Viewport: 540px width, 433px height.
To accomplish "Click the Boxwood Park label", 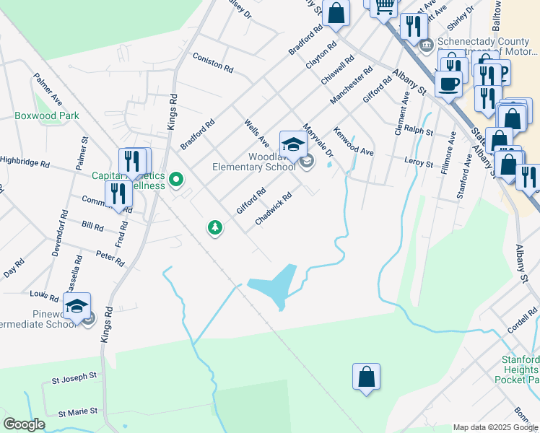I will pyautogui.click(x=47, y=115).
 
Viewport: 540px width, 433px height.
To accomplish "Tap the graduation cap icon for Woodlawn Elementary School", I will pyautogui.click(x=292, y=145).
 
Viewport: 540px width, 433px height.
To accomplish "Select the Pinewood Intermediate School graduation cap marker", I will pyautogui.click(x=77, y=307).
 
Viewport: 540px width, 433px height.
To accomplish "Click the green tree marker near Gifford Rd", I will pyautogui.click(x=214, y=228).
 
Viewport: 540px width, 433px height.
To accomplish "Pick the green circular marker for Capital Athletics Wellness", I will pyautogui.click(x=175, y=178).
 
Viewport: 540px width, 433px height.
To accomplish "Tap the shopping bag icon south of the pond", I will pyautogui.click(x=366, y=377).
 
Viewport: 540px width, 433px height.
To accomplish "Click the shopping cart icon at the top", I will pyautogui.click(x=385, y=6).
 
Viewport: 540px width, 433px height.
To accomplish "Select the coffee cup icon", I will pyautogui.click(x=448, y=83).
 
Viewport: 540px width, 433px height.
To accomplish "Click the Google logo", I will pyautogui.click(x=24, y=424).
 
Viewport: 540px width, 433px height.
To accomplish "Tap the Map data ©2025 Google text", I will pyautogui.click(x=495, y=427).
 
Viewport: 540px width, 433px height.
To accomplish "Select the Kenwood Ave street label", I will pyautogui.click(x=353, y=141).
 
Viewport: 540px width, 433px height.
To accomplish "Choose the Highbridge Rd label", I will pyautogui.click(x=24, y=162).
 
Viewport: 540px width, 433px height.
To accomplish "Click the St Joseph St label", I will pyautogui.click(x=74, y=377).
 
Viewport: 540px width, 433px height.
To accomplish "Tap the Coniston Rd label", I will pyautogui.click(x=212, y=63).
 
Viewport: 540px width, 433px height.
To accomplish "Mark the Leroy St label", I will pyautogui.click(x=419, y=164).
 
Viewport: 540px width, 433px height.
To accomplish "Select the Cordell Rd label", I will pyautogui.click(x=522, y=318).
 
